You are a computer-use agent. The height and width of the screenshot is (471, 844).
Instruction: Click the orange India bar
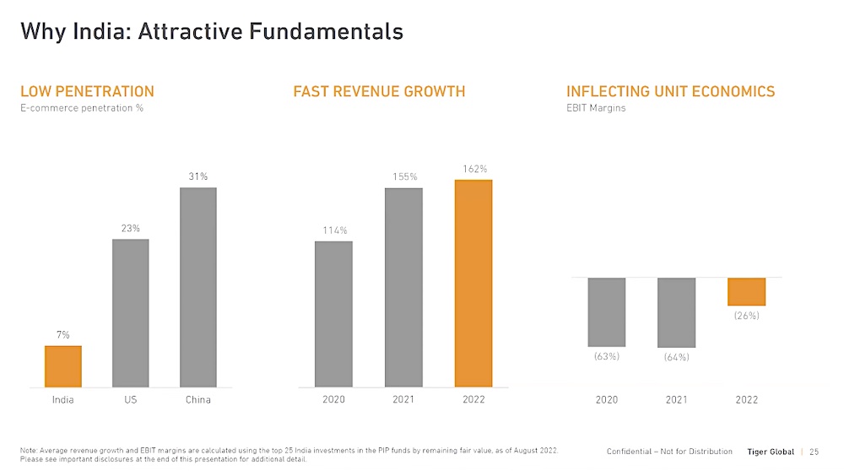click(63, 366)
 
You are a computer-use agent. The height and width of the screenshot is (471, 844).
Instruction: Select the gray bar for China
click(198, 287)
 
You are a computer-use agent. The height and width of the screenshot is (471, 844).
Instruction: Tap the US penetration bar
click(130, 313)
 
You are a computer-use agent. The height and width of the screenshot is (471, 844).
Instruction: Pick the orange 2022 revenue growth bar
click(473, 284)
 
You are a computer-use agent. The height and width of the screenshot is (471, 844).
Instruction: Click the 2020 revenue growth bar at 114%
click(333, 314)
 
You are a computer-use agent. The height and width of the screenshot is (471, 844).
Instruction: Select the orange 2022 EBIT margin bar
click(746, 291)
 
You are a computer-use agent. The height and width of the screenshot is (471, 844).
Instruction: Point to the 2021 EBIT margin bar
click(676, 312)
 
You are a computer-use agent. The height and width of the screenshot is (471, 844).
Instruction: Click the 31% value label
click(198, 176)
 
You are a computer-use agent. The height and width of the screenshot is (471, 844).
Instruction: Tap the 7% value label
click(63, 335)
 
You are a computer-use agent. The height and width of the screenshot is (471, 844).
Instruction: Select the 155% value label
click(404, 176)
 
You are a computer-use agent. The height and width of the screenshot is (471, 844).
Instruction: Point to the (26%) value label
click(746, 316)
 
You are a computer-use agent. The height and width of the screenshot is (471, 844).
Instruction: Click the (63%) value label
click(606, 356)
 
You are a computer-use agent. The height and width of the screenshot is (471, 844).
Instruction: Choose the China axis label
click(198, 399)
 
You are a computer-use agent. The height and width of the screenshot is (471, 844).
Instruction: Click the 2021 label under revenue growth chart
click(403, 399)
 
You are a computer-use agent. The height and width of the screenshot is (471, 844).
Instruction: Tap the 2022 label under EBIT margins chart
click(746, 399)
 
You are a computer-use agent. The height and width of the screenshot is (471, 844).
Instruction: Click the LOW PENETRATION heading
click(87, 91)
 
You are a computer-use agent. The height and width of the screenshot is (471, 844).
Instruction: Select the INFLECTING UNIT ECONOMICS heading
click(670, 91)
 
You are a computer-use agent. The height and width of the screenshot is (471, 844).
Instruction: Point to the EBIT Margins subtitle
click(596, 108)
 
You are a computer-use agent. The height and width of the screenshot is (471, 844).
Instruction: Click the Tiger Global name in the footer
click(770, 452)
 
